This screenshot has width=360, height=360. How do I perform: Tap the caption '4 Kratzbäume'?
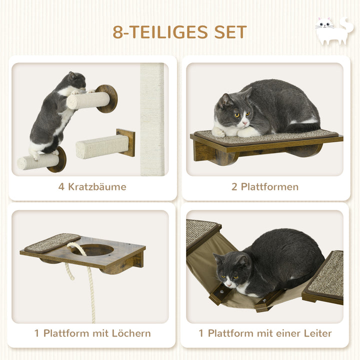pos(92,187)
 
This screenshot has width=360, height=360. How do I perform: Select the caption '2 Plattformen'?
pos(264,187)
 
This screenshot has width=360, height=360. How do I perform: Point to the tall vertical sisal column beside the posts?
pos(152,120)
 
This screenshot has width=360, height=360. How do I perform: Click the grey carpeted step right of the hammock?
pos(324,275)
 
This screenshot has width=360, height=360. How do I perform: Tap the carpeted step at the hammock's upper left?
pos(201,232)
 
